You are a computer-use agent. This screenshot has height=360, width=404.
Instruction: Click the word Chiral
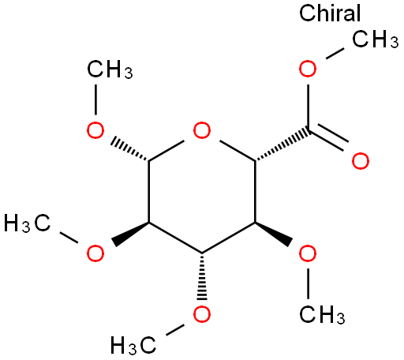coord(330,13)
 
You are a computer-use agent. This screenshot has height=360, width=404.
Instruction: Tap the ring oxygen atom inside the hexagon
coord(202,130)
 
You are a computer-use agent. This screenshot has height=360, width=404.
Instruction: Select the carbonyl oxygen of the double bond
coord(361,161)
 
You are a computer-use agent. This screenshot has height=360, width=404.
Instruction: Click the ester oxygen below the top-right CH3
coord(308,69)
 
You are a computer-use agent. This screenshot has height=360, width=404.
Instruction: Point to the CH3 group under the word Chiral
coord(376,39)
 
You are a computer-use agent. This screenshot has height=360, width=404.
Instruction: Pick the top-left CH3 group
coord(110,69)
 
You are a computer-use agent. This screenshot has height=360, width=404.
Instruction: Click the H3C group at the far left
coord(27,223)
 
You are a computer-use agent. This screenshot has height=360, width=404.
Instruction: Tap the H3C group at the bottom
coord(133,344)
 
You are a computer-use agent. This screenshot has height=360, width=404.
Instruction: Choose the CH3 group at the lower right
coord(322,314)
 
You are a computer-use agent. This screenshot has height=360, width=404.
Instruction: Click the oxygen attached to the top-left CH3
coord(95,130)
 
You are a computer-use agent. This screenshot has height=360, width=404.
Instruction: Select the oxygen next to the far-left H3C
coord(95,253)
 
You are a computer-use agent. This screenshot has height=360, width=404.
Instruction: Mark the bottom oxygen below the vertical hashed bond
coord(202,314)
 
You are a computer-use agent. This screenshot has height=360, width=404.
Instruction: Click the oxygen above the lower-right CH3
coord(308,253)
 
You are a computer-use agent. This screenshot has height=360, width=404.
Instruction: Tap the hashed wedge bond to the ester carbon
coord(282,145)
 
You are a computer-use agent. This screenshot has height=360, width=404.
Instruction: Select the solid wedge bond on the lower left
coord(130,234)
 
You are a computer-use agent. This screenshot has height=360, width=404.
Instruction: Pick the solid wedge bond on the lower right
coord(274,234)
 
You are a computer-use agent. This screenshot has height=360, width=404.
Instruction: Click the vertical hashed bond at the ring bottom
coord(202,276)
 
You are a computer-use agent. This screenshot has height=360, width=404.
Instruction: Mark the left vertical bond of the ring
coord(149,192)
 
